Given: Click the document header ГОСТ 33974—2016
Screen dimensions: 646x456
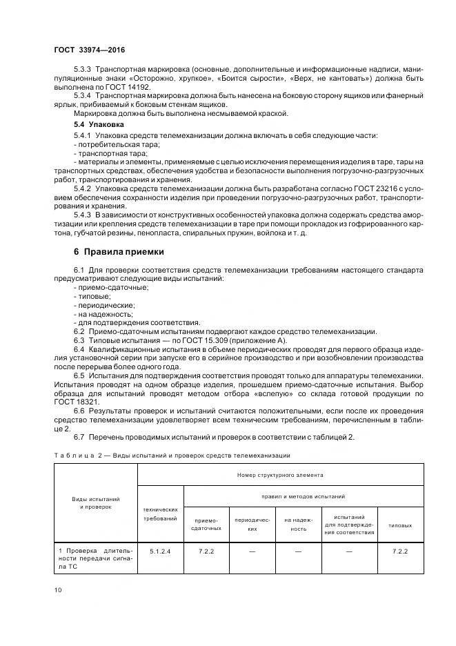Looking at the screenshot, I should click(x=90, y=50).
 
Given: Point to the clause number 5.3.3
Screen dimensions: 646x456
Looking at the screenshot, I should click(x=83, y=71).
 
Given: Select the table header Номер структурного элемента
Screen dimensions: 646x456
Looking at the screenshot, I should click(x=280, y=476).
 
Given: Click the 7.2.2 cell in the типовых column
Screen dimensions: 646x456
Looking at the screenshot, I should click(x=400, y=551).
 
